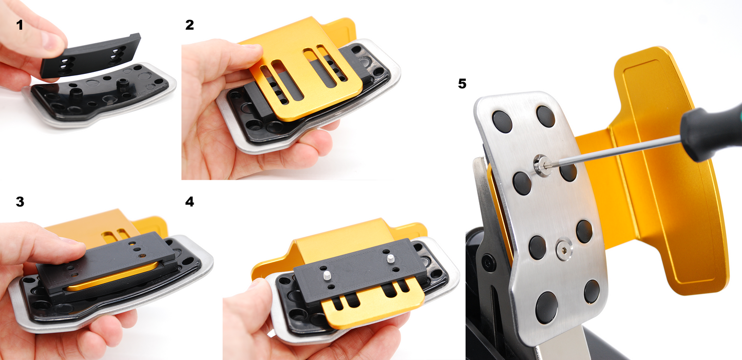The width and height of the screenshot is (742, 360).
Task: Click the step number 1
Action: [20, 25]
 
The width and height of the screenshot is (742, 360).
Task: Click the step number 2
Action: [189, 25]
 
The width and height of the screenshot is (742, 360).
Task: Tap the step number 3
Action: [20, 202]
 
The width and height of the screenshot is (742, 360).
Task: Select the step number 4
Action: [189, 202]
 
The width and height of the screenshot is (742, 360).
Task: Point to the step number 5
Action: [462, 84]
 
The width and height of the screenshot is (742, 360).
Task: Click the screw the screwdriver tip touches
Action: [540, 165]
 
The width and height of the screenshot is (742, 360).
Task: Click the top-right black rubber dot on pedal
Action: [546, 117]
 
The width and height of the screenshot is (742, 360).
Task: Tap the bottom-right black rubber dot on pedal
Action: [591, 291]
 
